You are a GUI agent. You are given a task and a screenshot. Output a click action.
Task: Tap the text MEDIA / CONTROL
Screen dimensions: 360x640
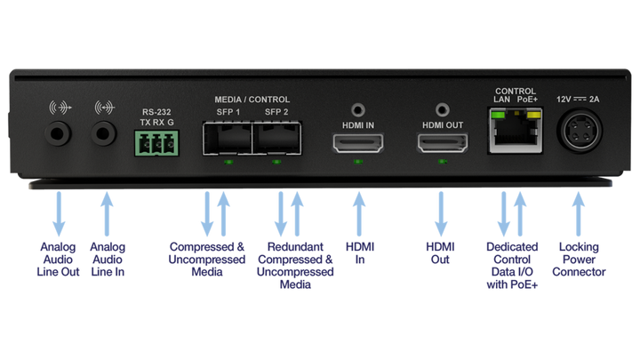[x=252, y=100]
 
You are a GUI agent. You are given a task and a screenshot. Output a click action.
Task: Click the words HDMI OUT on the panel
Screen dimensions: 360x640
[x=442, y=125]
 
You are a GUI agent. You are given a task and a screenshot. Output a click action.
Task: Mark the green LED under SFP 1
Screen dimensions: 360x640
[x=228, y=162]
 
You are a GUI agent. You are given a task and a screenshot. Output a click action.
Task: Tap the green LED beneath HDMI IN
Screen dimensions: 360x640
[x=357, y=162]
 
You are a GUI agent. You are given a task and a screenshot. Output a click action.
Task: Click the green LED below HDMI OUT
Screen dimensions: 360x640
[x=442, y=162]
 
